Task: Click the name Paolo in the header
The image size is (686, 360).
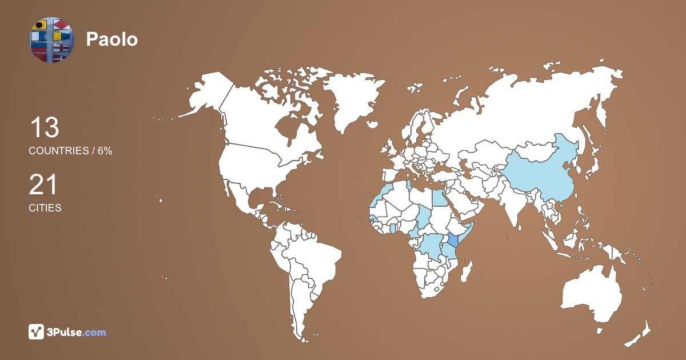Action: (x=112, y=39)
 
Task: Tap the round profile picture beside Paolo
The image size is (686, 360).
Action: (x=52, y=40)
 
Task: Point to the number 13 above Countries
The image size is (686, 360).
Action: (x=44, y=127)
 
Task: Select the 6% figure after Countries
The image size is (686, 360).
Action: (x=104, y=151)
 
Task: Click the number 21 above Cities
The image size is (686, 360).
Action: (x=43, y=185)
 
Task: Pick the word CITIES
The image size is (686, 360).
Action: (x=45, y=208)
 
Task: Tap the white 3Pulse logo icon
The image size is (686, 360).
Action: (x=37, y=332)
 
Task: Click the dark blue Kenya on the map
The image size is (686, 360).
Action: (x=453, y=240)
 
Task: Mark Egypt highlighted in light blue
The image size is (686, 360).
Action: (x=438, y=198)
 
